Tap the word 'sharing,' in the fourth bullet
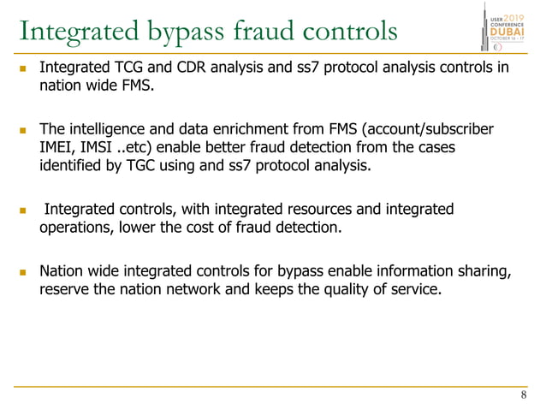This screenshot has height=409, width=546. click(x=484, y=271)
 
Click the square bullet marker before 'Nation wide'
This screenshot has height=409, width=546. click(x=24, y=273)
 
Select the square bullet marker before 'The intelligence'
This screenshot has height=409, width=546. click(x=24, y=131)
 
